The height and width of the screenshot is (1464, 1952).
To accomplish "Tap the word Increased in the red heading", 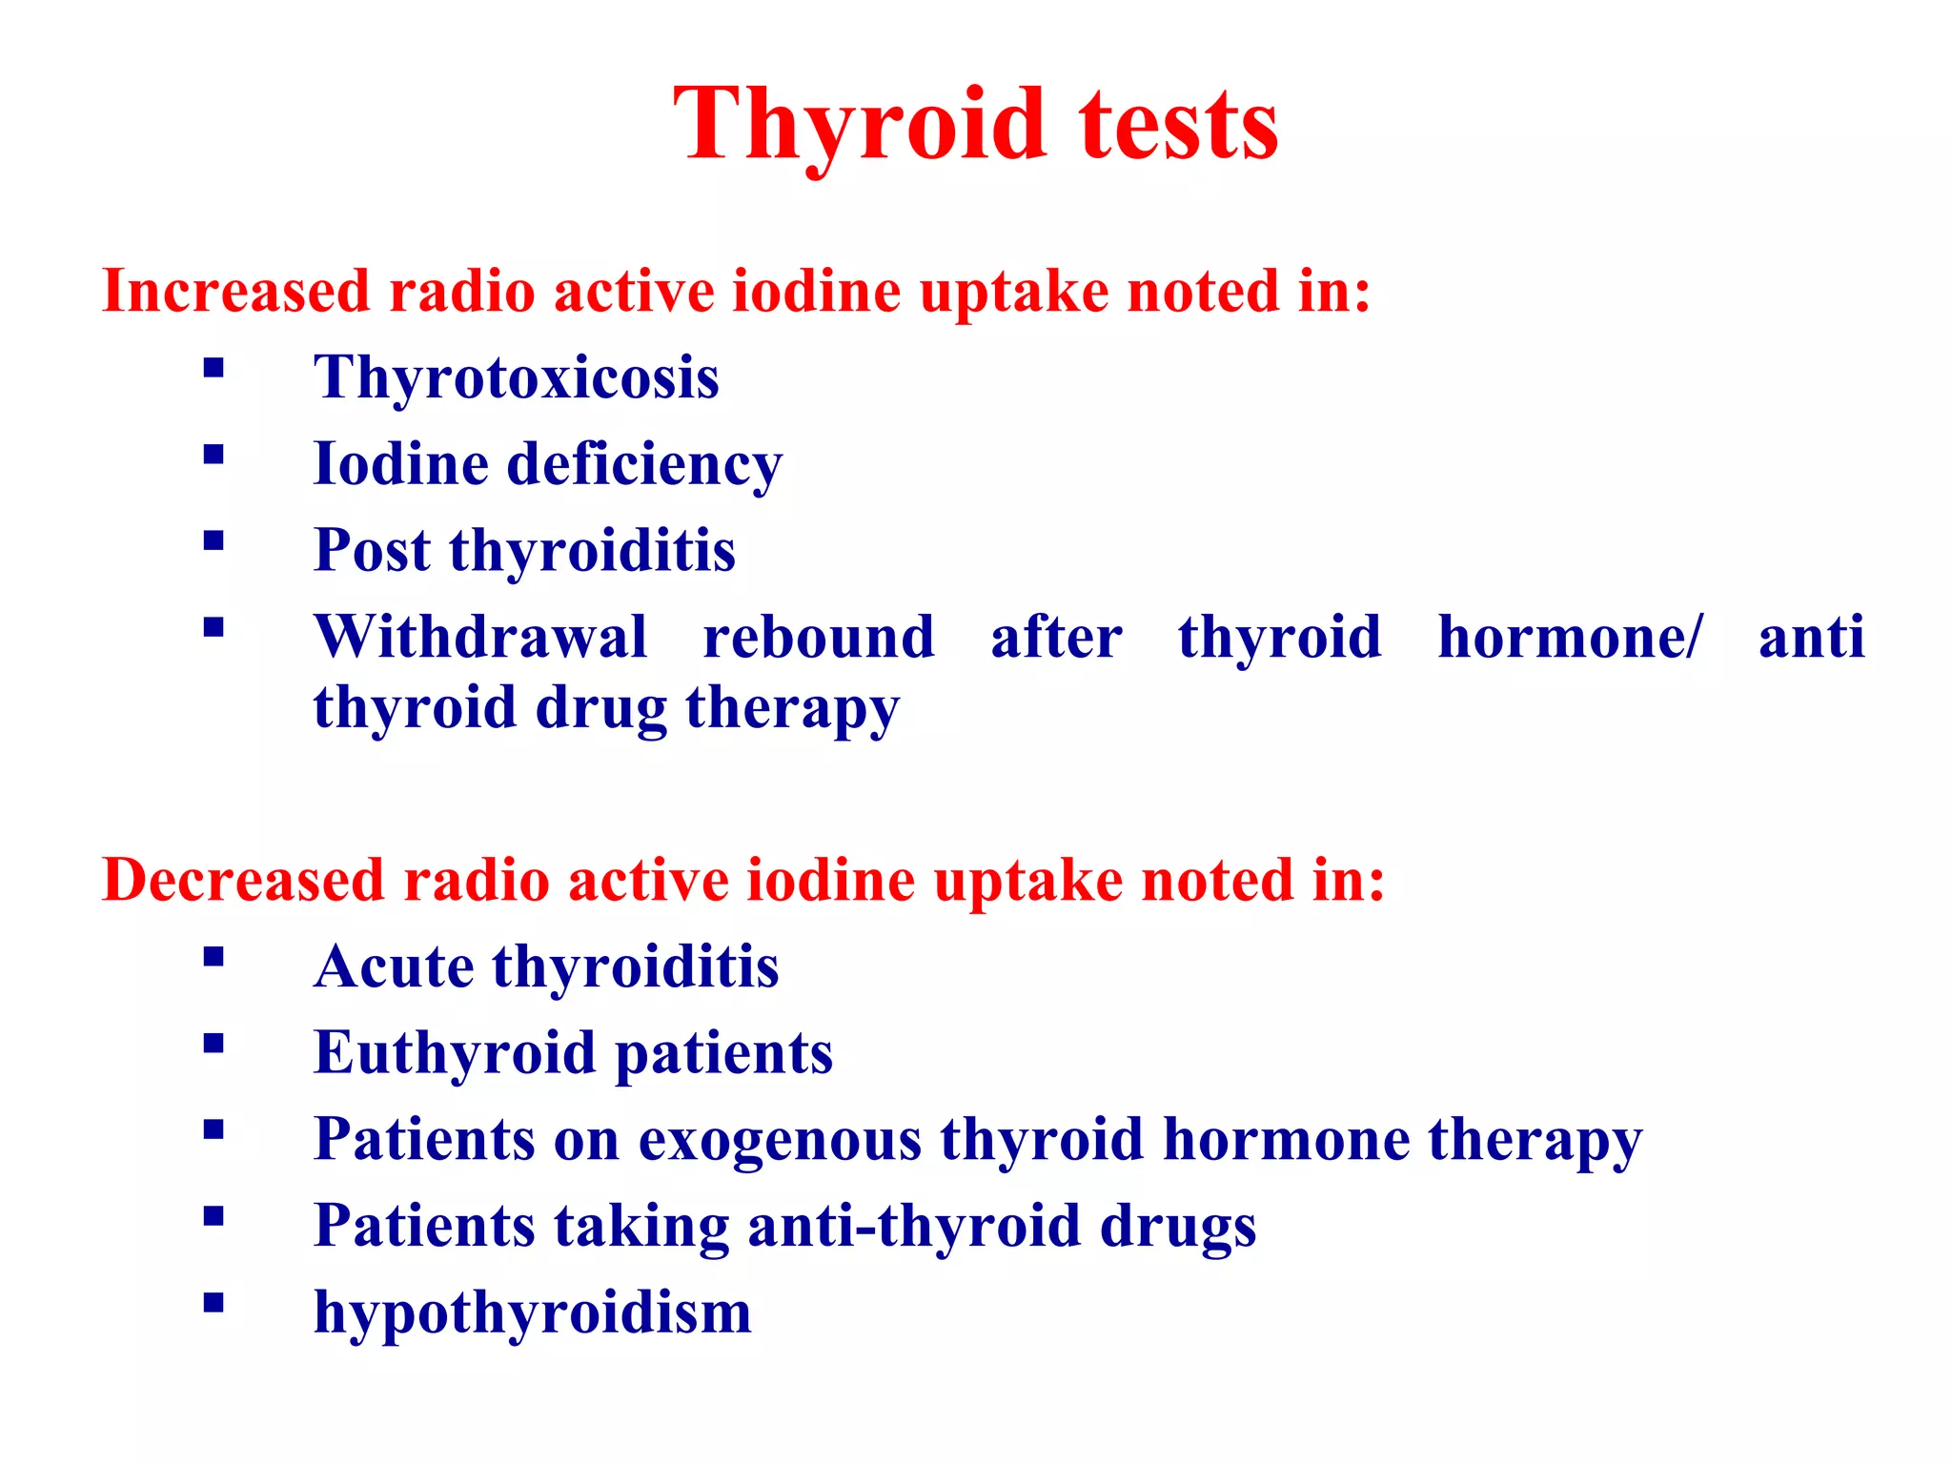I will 235,292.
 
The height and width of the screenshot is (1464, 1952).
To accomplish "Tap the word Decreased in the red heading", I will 243,880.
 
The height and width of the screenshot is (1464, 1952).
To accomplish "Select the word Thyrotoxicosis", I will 516,378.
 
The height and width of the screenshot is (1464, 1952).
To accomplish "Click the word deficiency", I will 644,465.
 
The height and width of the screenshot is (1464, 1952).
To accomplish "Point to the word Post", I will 372,551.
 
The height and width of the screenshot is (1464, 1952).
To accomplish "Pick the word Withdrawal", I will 480,637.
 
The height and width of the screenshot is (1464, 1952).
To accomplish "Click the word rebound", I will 818,637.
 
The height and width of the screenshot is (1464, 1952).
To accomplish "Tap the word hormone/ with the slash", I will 1569,637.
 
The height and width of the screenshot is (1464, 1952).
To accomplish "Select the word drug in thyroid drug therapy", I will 600,709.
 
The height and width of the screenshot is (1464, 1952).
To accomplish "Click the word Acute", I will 394,967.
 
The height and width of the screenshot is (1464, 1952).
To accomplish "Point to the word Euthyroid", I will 455,1054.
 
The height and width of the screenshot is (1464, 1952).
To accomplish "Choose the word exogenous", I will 780,1140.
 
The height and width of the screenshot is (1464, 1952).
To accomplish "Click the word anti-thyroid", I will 913,1226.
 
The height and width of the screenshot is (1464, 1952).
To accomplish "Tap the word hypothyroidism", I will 532,1313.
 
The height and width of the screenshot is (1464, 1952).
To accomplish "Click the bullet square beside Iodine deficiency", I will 213,454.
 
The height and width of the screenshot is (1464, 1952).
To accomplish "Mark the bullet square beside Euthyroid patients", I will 213,1043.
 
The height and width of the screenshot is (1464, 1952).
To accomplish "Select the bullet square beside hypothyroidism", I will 213,1302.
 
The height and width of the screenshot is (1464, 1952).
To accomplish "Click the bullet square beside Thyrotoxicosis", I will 213,368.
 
